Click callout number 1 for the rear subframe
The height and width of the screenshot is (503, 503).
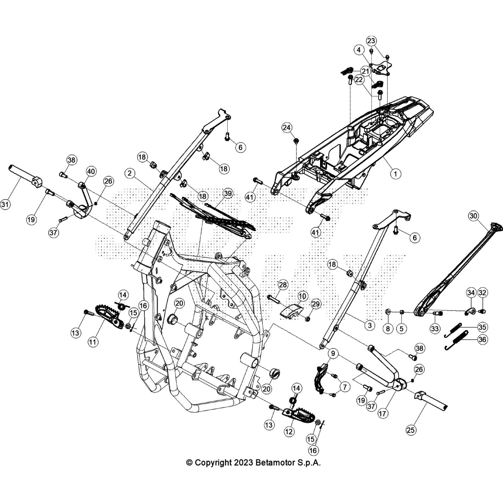tap(396, 173)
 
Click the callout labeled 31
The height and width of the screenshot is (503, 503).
tap(5, 204)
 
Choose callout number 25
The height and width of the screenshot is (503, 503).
tap(411, 429)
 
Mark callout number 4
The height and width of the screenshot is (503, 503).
tap(359, 50)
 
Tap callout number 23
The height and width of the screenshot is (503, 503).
tap(371, 41)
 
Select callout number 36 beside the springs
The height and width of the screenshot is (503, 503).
tap(482, 340)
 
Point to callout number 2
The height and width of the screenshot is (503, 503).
tap(130, 173)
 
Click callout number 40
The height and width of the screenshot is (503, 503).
tap(91, 171)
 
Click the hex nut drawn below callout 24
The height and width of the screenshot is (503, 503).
tap(296, 140)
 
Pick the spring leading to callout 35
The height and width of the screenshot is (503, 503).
tap(453, 330)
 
